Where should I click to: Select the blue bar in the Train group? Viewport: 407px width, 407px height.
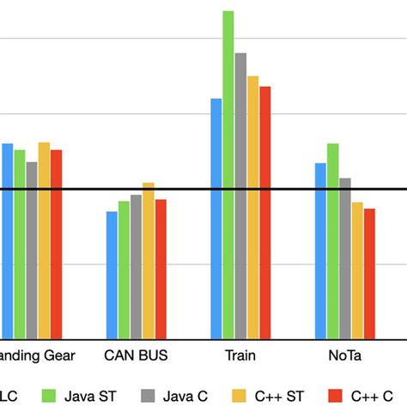[x=216, y=218]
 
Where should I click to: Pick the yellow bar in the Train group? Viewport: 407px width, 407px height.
[x=252, y=207]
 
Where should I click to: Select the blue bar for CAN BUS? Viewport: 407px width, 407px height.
[x=112, y=275]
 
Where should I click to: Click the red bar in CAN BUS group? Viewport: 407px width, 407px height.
[x=160, y=269]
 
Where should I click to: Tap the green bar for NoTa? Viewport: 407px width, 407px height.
[x=332, y=240]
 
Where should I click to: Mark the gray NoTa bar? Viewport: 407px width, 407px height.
[x=344, y=258]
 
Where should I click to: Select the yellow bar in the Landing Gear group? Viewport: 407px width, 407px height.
[x=44, y=240]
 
